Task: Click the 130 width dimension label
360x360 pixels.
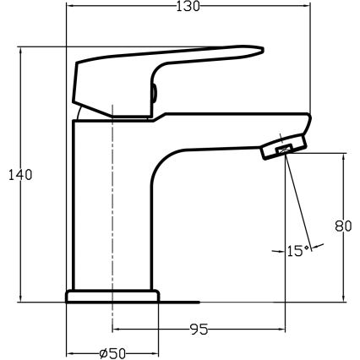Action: click(188, 8)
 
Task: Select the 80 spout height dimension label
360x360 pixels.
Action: click(342, 226)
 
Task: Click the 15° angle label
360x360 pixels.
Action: click(296, 251)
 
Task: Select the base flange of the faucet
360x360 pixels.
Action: click(112, 296)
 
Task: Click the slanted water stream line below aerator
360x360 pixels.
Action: click(300, 203)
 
